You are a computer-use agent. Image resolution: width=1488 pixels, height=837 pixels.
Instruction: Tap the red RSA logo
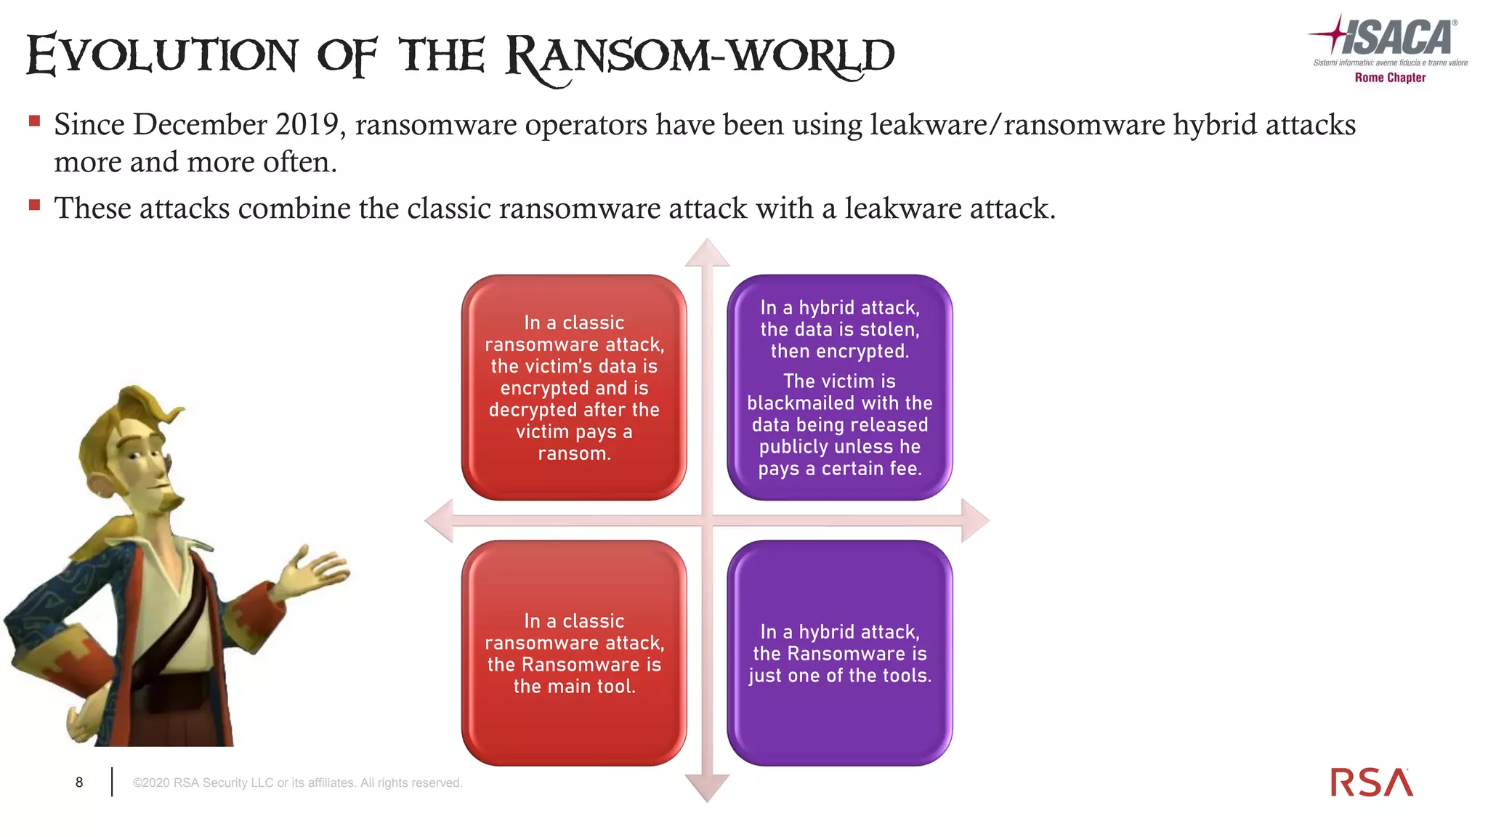click(x=1371, y=783)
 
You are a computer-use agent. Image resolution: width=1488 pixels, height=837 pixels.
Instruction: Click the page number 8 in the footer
click(x=79, y=783)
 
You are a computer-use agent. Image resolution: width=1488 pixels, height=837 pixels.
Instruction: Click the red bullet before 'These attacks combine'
click(x=34, y=205)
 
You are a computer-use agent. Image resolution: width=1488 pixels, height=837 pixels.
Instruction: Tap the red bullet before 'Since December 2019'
click(x=34, y=121)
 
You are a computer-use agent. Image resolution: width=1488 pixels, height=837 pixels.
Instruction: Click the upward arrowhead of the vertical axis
click(x=707, y=253)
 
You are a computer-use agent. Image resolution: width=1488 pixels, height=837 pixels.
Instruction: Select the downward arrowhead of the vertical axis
click(x=707, y=788)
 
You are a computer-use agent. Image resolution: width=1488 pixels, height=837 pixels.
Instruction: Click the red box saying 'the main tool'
click(x=574, y=652)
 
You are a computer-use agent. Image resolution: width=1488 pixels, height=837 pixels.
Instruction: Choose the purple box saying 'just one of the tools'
click(x=840, y=652)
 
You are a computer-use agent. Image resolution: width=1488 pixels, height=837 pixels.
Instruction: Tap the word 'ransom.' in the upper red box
click(x=574, y=453)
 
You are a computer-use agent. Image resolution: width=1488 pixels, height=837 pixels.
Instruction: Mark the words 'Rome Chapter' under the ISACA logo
click(x=1390, y=78)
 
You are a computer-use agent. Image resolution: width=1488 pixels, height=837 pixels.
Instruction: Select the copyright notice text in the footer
click(x=297, y=783)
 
